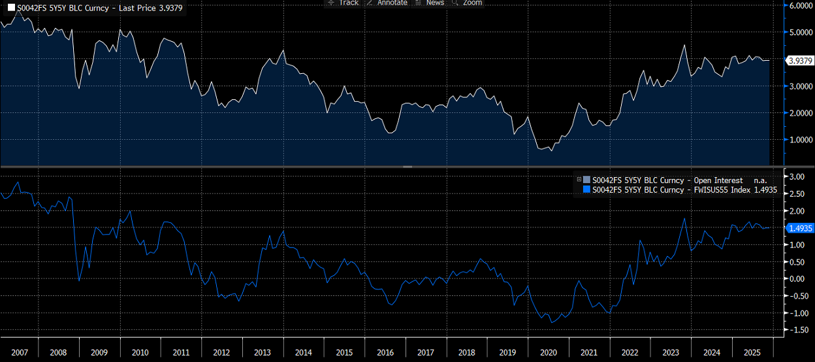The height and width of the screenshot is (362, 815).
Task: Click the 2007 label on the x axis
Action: click(x=20, y=352)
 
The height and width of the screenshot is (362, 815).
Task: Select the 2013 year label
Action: click(x=262, y=352)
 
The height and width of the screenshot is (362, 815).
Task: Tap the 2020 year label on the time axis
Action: click(x=548, y=352)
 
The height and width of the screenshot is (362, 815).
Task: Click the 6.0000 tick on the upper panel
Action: click(x=801, y=5)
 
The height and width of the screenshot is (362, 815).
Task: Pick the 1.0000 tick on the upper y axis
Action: click(x=801, y=139)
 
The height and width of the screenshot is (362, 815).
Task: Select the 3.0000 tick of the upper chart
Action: click(x=801, y=86)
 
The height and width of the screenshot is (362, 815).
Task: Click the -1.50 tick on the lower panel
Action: click(x=797, y=330)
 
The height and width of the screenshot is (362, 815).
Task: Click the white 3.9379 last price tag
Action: click(x=800, y=60)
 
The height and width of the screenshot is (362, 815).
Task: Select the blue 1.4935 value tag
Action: click(x=800, y=228)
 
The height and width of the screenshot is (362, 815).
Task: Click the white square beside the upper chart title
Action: click(x=11, y=7)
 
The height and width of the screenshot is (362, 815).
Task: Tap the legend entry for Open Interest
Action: click(x=667, y=180)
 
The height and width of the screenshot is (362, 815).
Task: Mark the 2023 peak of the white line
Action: click(x=684, y=45)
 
